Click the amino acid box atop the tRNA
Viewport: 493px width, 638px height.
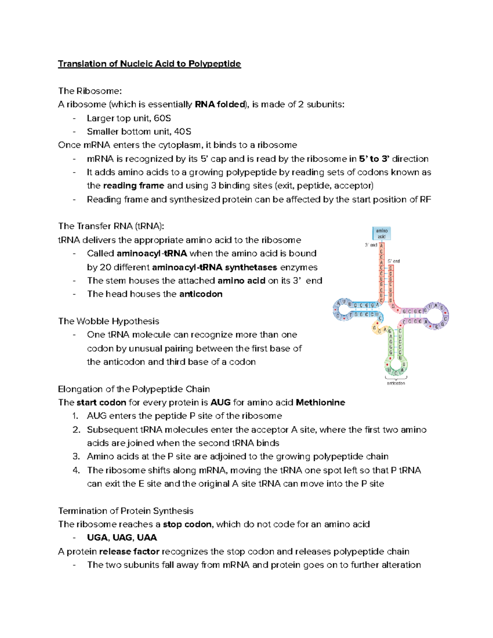point(382,233)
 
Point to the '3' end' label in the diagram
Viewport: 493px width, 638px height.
point(371,245)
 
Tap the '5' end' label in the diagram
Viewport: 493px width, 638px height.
point(394,261)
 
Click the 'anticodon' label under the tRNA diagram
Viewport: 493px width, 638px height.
point(396,383)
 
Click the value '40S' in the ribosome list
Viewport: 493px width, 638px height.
point(182,132)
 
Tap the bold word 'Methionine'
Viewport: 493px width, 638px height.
point(320,403)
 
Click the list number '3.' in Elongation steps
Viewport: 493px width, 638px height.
point(76,456)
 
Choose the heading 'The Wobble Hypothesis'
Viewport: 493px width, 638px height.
point(108,321)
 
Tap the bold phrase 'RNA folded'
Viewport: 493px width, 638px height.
point(220,105)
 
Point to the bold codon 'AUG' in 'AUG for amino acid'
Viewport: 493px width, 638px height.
point(220,403)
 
